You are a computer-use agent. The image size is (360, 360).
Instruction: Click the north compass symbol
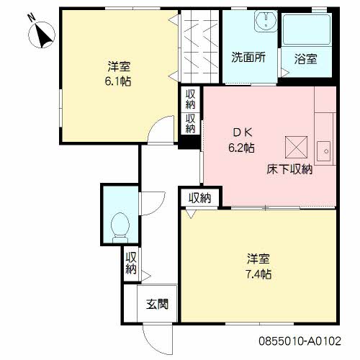42,35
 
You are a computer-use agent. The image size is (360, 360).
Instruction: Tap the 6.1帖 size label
118,81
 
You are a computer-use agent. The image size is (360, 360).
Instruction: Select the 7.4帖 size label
258,274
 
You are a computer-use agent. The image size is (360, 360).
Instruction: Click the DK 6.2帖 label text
241,140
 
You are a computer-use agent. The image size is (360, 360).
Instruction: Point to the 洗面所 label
248,58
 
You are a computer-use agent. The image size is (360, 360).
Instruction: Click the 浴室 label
306,59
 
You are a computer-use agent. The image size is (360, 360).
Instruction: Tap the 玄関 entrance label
157,304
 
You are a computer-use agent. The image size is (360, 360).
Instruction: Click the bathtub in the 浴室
307,30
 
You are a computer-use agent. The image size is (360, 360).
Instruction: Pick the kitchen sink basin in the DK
324,151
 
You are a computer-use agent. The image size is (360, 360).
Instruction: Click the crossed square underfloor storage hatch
296,148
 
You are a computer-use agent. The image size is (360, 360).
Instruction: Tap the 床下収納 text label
289,169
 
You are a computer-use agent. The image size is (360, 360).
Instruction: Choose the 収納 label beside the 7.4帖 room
199,198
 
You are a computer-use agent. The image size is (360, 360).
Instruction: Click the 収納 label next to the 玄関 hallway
131,263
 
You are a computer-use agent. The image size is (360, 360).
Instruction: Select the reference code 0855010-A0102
300,341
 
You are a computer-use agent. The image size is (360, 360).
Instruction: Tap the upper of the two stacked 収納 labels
190,99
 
